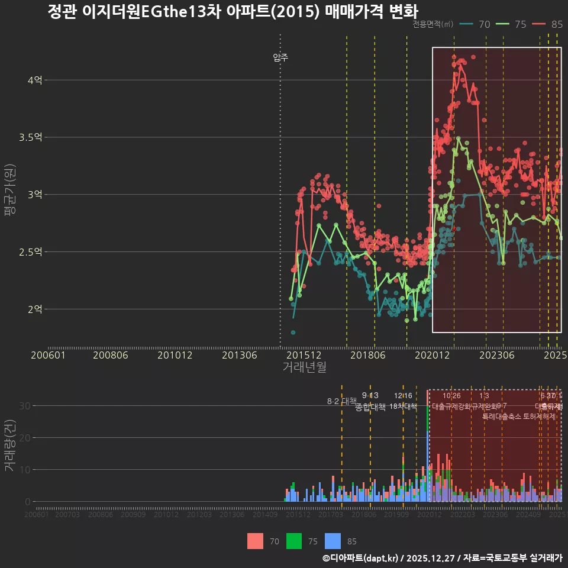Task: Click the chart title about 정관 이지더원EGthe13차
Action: tap(233, 12)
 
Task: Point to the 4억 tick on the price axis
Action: tap(35, 80)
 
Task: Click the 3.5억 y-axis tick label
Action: tap(31, 137)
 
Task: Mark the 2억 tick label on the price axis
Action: tap(35, 309)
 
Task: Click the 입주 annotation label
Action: tap(280, 57)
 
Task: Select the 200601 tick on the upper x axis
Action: tap(48, 355)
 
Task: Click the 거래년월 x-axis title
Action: tap(304, 367)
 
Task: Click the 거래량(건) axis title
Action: tap(9, 446)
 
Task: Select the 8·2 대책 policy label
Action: tap(342, 401)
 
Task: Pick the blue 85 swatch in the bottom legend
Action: tap(334, 541)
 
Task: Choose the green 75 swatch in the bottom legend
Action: tap(294, 541)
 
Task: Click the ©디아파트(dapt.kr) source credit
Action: tap(361, 558)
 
